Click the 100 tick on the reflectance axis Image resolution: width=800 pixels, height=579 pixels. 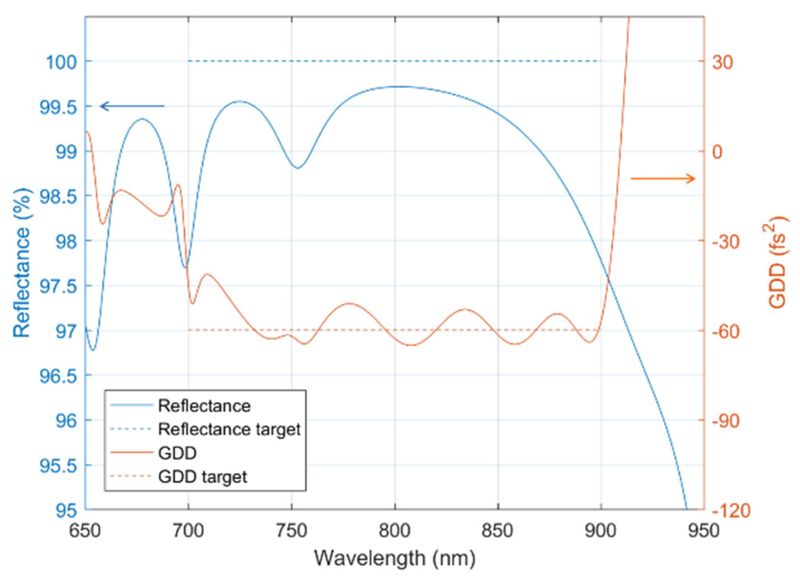pyautogui.click(x=61, y=62)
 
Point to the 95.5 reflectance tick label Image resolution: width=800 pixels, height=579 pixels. pyautogui.click(x=58, y=466)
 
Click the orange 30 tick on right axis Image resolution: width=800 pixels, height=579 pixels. pyautogui.click(x=722, y=62)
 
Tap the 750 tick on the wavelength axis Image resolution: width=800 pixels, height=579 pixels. pyautogui.click(x=292, y=531)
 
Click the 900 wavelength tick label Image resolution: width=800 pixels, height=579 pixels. pyautogui.click(x=600, y=531)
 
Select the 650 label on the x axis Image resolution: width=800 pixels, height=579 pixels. pyautogui.click(x=85, y=531)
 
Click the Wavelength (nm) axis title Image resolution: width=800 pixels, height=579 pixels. pyautogui.click(x=394, y=558)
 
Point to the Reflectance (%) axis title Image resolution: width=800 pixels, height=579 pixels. pyautogui.click(x=22, y=263)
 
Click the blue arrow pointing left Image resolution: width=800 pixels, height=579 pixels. pyautogui.click(x=132, y=106)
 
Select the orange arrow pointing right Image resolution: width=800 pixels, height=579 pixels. pyautogui.click(x=663, y=178)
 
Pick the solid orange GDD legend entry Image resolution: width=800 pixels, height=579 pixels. pyautogui.click(x=177, y=453)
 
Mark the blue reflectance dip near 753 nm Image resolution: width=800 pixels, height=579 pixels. pyautogui.click(x=298, y=168)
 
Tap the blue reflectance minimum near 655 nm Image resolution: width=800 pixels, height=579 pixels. pyautogui.click(x=92, y=350)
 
